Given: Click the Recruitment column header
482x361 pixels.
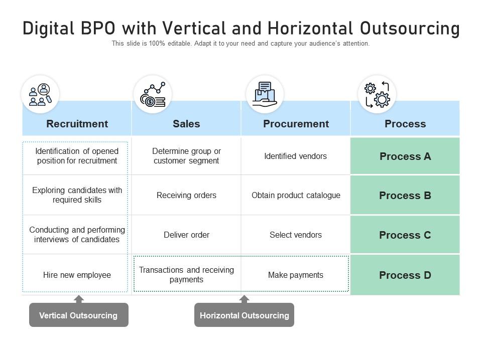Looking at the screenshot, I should pos(77,124).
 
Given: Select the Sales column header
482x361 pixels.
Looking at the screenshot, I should pos(186,124).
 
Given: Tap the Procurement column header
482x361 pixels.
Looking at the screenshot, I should pos(296,124).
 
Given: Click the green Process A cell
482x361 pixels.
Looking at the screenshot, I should pos(405,156).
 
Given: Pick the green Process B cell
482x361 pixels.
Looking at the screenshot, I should pos(405,196).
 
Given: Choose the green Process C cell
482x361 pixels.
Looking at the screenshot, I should pos(405,235).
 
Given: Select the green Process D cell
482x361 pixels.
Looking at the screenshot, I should pos(405,275).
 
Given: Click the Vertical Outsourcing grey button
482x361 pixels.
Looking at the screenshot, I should pos(78,315).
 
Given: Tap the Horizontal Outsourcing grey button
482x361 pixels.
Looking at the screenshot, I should pos(244,315).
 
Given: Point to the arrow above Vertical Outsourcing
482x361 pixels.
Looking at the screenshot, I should pos(78,299).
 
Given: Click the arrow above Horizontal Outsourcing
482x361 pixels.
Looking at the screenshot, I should pos(244,299).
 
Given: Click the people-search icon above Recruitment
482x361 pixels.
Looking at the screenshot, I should pos(40,94).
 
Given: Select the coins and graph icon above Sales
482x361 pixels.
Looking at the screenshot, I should pos(153,94).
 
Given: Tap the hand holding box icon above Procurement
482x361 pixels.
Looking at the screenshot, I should pos(265,94).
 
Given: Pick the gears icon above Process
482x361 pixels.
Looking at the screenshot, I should pos(377,94).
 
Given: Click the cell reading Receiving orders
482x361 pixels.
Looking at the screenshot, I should pos(186,196).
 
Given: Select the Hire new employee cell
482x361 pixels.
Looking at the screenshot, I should pos(77,275).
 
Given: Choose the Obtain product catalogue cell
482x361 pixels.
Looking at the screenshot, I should pos(296,196).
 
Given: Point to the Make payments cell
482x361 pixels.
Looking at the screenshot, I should pos(296,275).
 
